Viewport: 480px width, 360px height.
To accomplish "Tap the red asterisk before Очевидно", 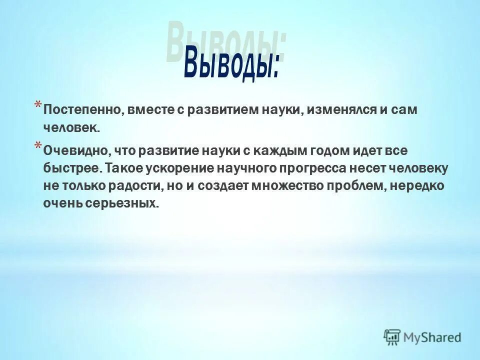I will coord(38,145).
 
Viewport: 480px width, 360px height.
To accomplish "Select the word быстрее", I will coord(72,168).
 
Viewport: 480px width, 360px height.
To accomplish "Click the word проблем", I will coord(356,186).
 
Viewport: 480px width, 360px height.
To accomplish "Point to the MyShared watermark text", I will coord(432,337).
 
